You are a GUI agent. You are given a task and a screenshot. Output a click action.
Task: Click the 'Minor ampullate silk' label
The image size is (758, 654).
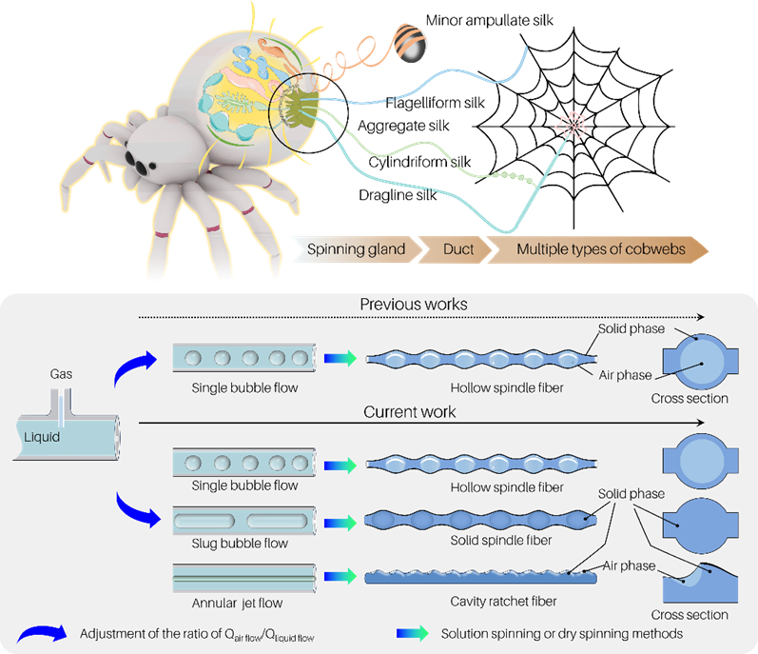(489, 20)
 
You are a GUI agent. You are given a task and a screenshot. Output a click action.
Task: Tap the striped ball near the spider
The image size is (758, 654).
(410, 43)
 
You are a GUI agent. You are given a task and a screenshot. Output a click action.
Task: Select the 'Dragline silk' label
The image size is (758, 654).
(398, 195)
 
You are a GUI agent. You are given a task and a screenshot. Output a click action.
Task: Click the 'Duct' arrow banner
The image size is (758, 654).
(456, 249)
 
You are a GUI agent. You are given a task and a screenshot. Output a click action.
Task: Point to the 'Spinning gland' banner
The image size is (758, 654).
(357, 249)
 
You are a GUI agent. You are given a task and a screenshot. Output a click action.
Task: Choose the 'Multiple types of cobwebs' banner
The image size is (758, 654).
(598, 249)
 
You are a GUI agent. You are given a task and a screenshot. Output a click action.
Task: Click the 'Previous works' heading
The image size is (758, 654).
(414, 305)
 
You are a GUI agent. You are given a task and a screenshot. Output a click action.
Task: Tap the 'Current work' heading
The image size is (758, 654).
(410, 411)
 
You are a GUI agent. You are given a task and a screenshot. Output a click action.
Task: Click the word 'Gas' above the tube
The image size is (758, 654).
(61, 374)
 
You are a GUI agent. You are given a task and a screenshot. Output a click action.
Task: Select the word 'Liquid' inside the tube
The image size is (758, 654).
(42, 437)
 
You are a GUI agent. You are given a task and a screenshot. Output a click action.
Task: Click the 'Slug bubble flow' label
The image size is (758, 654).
(240, 544)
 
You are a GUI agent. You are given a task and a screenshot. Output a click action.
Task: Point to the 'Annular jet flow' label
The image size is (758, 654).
(237, 603)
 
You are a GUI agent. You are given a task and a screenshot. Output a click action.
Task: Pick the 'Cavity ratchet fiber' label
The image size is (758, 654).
(503, 602)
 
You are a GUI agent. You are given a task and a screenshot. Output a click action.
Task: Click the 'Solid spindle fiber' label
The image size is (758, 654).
(501, 541)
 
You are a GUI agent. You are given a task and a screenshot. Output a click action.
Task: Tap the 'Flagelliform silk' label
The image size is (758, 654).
(435, 103)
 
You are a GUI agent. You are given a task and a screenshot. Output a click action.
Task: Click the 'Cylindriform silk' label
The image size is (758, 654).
(419, 162)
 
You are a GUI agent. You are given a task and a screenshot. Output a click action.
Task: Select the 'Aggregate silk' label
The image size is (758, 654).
(403, 126)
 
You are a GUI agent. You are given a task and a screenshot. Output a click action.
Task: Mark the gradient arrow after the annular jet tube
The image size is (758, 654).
(340, 576)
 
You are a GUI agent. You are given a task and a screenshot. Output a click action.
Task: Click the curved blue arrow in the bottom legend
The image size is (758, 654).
(43, 634)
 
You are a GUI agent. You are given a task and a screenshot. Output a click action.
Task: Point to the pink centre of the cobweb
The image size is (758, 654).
(573, 126)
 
